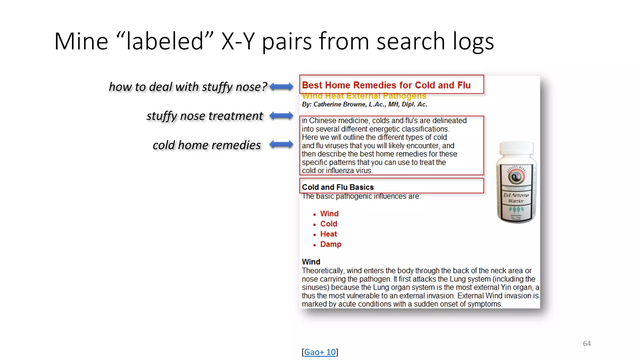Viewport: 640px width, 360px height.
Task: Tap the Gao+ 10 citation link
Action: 320,352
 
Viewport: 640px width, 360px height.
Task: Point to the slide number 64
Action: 587,343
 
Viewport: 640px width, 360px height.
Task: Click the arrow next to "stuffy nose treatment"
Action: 281,116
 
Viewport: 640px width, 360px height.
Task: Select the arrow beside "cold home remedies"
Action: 281,144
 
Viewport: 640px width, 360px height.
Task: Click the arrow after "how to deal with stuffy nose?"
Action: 281,87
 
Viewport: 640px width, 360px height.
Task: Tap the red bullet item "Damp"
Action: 331,244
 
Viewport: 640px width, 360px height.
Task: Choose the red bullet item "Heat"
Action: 328,234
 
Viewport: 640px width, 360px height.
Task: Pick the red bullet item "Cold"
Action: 328,224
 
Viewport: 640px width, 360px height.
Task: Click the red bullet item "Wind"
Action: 329,214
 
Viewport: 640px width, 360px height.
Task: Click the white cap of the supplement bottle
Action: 516,148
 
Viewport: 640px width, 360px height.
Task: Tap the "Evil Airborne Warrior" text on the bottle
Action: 516,198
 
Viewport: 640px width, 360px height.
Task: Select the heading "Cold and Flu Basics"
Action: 337,187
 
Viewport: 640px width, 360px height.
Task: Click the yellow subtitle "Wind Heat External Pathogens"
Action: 364,96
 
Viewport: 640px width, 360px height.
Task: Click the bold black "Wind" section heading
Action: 311,262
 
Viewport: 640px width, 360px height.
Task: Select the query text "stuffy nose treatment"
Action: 205,116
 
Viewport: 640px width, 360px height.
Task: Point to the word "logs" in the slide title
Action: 473,41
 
